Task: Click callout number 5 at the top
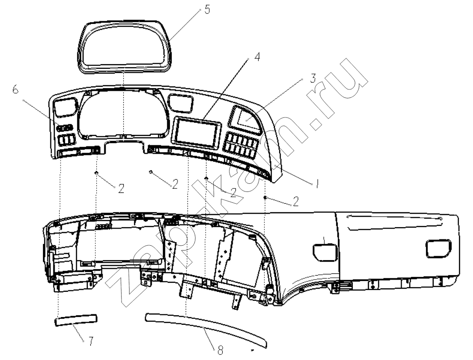207,9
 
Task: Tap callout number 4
257,57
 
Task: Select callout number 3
313,78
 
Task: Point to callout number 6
15,89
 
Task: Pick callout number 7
90,341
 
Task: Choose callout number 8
220,351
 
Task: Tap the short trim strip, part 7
76,320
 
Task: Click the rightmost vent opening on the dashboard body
439,249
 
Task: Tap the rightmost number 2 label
295,201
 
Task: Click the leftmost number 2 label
121,188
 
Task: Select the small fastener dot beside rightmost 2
266,197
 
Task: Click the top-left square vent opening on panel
65,108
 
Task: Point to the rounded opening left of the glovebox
325,252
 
